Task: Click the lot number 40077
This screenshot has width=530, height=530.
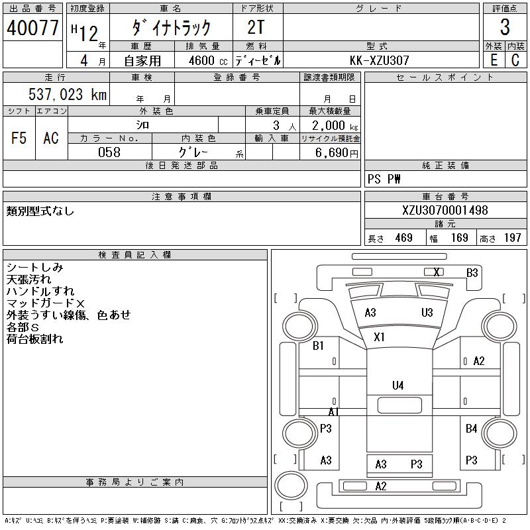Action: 33,28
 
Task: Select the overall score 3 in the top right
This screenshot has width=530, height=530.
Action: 505,28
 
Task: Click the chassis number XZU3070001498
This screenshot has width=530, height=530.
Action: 445,211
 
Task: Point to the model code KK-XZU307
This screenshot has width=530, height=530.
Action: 380,60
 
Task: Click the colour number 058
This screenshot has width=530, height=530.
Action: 109,152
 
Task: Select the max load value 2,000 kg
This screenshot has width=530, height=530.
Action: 331,125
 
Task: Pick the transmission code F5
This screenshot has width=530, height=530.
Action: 19,138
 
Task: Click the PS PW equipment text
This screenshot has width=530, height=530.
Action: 384,180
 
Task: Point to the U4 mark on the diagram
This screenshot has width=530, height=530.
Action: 397,385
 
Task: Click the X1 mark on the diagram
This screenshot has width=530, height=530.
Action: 379,337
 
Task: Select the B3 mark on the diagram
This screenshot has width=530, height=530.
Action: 472,272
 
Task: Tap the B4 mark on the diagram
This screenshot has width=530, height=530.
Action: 471,429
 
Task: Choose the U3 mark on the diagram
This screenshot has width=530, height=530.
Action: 427,313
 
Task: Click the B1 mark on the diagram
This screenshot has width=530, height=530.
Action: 318,345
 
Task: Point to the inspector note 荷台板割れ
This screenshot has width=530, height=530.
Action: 35,339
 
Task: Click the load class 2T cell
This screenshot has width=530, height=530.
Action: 257,28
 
